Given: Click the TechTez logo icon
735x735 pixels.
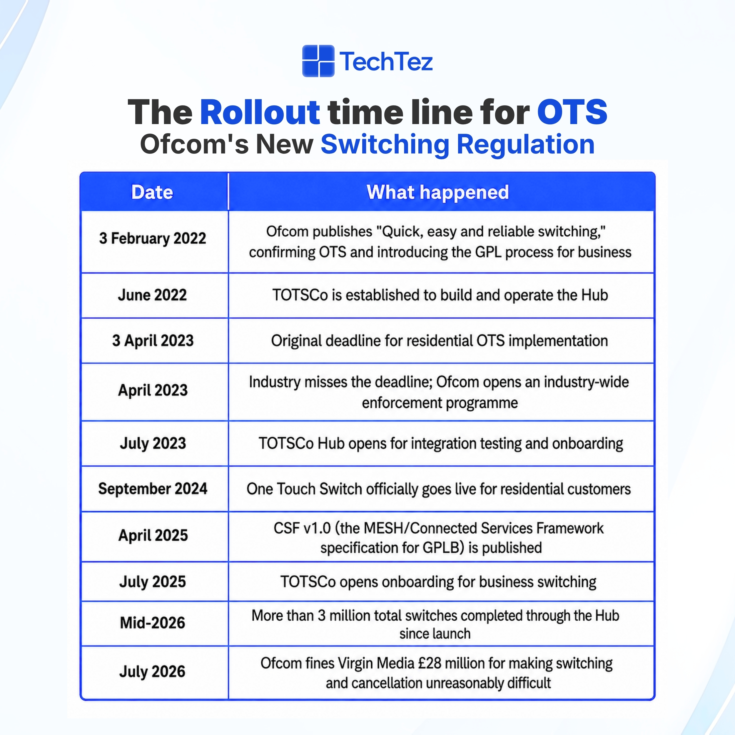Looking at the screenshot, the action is [318, 61].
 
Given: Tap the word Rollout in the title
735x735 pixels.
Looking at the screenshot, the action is [260, 112].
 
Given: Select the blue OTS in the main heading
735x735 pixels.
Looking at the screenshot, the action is [572, 112].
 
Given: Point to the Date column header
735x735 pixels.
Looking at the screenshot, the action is [152, 192].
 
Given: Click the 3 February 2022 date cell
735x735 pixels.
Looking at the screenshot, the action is [153, 238].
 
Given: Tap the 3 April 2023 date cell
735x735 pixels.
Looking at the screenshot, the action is [153, 340].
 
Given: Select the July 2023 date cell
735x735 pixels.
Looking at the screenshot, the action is [153, 444].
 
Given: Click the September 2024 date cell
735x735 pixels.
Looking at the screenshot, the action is [153, 489].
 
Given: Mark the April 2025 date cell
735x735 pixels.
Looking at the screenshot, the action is [153, 536].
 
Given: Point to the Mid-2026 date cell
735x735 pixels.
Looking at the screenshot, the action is [153, 623].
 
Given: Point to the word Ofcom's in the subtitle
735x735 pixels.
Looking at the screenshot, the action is [194, 145].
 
